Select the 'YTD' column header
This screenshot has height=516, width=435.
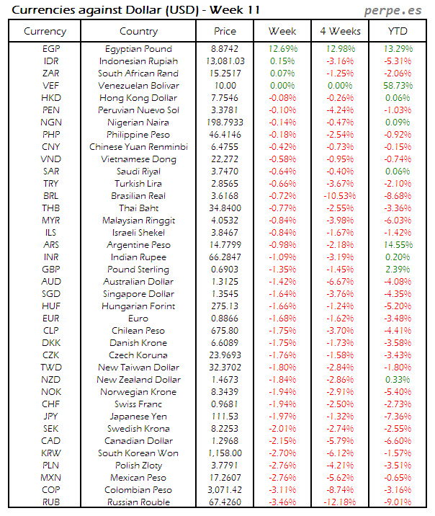[x=398, y=32]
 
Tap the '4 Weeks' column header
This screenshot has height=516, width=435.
[x=339, y=32]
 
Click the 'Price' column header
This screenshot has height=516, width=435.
[x=225, y=32]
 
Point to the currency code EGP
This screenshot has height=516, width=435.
[x=51, y=49]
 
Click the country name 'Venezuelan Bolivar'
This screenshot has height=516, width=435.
[x=138, y=86]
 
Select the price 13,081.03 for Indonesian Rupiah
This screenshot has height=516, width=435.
[x=225, y=61]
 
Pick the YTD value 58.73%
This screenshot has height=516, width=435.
[x=398, y=86]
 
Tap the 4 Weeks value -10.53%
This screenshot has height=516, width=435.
[x=339, y=196]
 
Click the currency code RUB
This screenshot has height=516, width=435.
[x=51, y=502]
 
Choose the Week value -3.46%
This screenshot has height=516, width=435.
[x=282, y=502]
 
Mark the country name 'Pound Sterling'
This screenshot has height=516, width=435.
[x=138, y=270]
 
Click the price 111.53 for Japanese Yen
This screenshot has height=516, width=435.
[x=225, y=417]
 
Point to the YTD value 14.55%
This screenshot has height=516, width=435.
[x=398, y=245]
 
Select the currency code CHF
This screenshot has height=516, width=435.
[x=51, y=404]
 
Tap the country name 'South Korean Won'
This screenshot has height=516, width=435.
[x=138, y=453]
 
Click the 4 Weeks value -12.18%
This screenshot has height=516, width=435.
[x=339, y=502]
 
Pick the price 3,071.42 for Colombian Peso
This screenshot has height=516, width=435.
[x=225, y=490]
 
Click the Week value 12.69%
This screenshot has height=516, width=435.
[x=282, y=49]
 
